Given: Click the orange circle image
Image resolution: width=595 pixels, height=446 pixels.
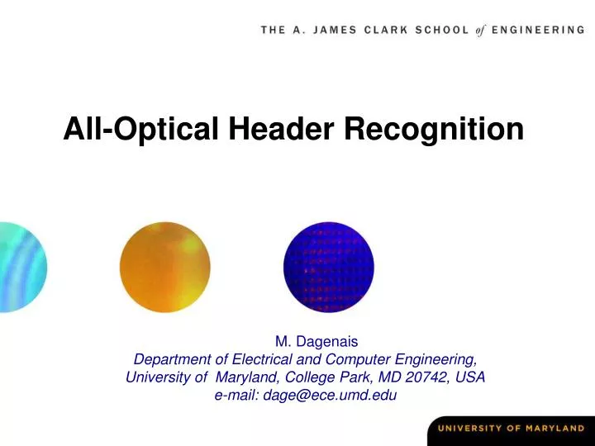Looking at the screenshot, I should point(164,267).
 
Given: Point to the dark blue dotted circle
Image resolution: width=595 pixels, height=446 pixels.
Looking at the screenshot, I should point(329,267).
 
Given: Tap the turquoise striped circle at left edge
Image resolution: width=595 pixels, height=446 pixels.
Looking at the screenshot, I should point(21,267).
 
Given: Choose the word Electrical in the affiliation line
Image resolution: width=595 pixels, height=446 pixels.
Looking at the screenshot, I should point(259,358).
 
